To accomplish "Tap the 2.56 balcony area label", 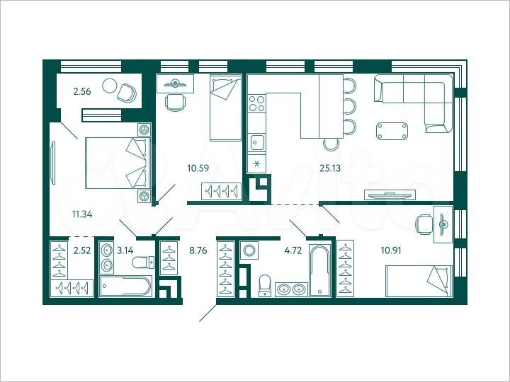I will click(x=84, y=90).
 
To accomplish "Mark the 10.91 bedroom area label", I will click(x=373, y=249).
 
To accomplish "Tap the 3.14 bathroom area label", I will click(x=125, y=249).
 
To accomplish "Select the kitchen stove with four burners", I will click(x=256, y=108).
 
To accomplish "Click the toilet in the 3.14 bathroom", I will click(x=141, y=262).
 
